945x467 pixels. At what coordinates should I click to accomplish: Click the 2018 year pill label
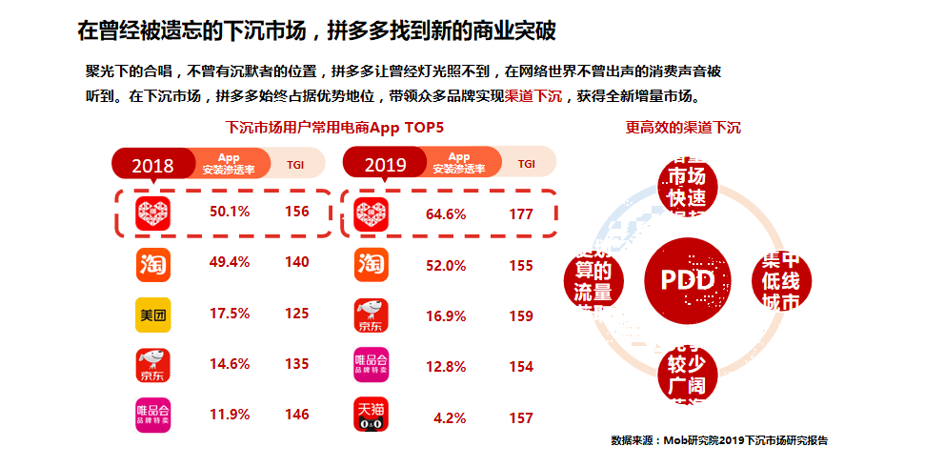click(x=152, y=165)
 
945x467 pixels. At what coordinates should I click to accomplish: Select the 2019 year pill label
click(x=385, y=165)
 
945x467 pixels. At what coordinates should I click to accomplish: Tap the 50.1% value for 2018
click(x=230, y=212)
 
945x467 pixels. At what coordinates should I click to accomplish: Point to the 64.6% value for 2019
click(x=446, y=214)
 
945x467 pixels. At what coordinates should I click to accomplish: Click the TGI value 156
click(x=297, y=212)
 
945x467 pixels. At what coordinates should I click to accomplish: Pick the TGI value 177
click(x=521, y=214)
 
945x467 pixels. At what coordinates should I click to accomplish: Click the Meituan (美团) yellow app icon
click(x=152, y=314)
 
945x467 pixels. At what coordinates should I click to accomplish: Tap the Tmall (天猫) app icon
click(x=372, y=415)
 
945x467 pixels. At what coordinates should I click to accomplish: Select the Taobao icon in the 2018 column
click(x=152, y=263)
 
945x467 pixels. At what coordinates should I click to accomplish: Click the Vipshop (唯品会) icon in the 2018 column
click(x=152, y=415)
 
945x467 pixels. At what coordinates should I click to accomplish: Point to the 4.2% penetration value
click(x=450, y=417)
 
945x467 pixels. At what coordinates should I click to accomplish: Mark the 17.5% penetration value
click(x=230, y=314)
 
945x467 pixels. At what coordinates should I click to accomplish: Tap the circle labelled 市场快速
click(x=688, y=186)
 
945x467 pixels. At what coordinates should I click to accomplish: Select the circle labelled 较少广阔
click(x=688, y=374)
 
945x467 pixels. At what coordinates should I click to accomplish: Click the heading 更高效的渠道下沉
click(x=683, y=127)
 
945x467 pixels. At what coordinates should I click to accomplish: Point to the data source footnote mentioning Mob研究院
click(x=719, y=440)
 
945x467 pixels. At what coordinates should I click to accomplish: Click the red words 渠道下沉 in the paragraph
click(x=533, y=96)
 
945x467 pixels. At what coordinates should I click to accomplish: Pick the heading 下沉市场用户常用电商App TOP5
click(x=334, y=127)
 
